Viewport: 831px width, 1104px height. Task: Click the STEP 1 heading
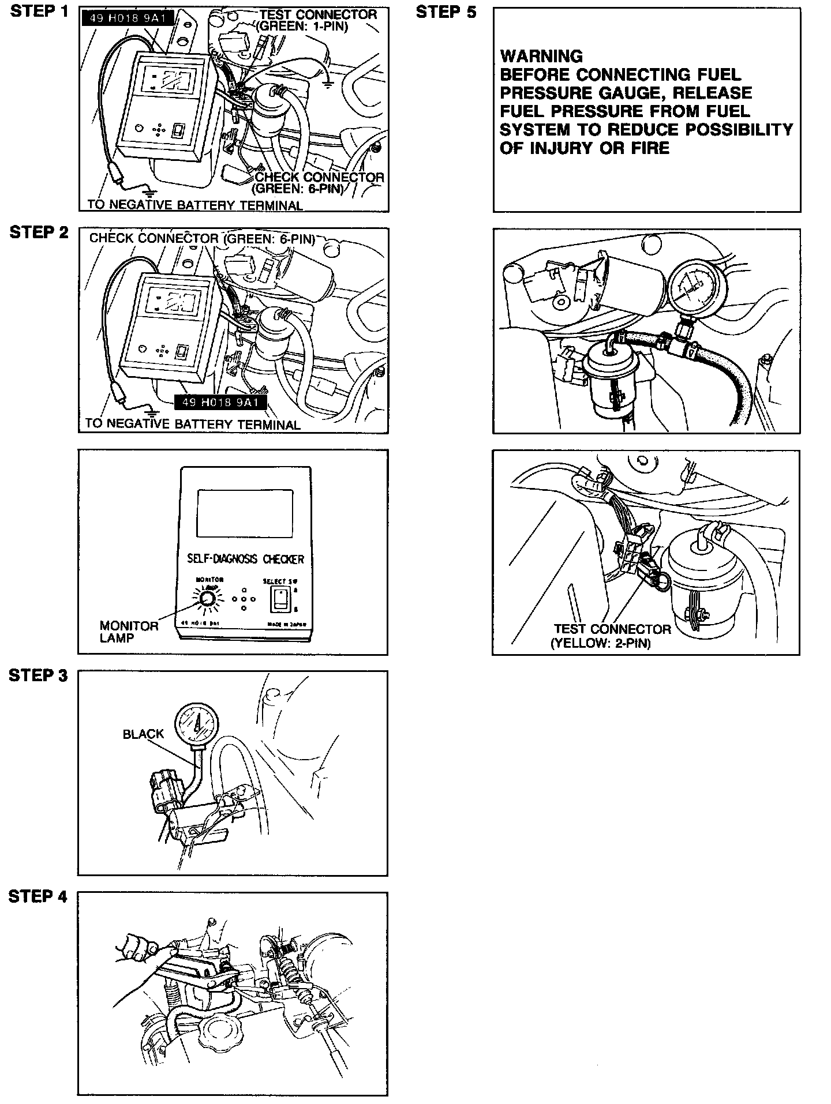[39, 12]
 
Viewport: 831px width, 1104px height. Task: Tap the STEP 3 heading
[38, 675]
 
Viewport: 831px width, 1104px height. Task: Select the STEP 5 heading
[446, 12]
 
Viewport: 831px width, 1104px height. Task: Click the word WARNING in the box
[541, 57]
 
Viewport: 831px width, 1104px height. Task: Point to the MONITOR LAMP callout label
[129, 632]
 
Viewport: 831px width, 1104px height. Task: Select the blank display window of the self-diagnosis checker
[245, 513]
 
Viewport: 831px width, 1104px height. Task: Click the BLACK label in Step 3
[143, 734]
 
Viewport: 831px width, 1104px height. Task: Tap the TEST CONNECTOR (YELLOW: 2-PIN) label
[612, 636]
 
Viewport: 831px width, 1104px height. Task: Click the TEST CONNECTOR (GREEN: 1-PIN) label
[317, 20]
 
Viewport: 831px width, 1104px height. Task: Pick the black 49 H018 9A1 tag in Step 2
[220, 402]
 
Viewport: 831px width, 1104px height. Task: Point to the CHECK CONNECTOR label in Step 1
[319, 182]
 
